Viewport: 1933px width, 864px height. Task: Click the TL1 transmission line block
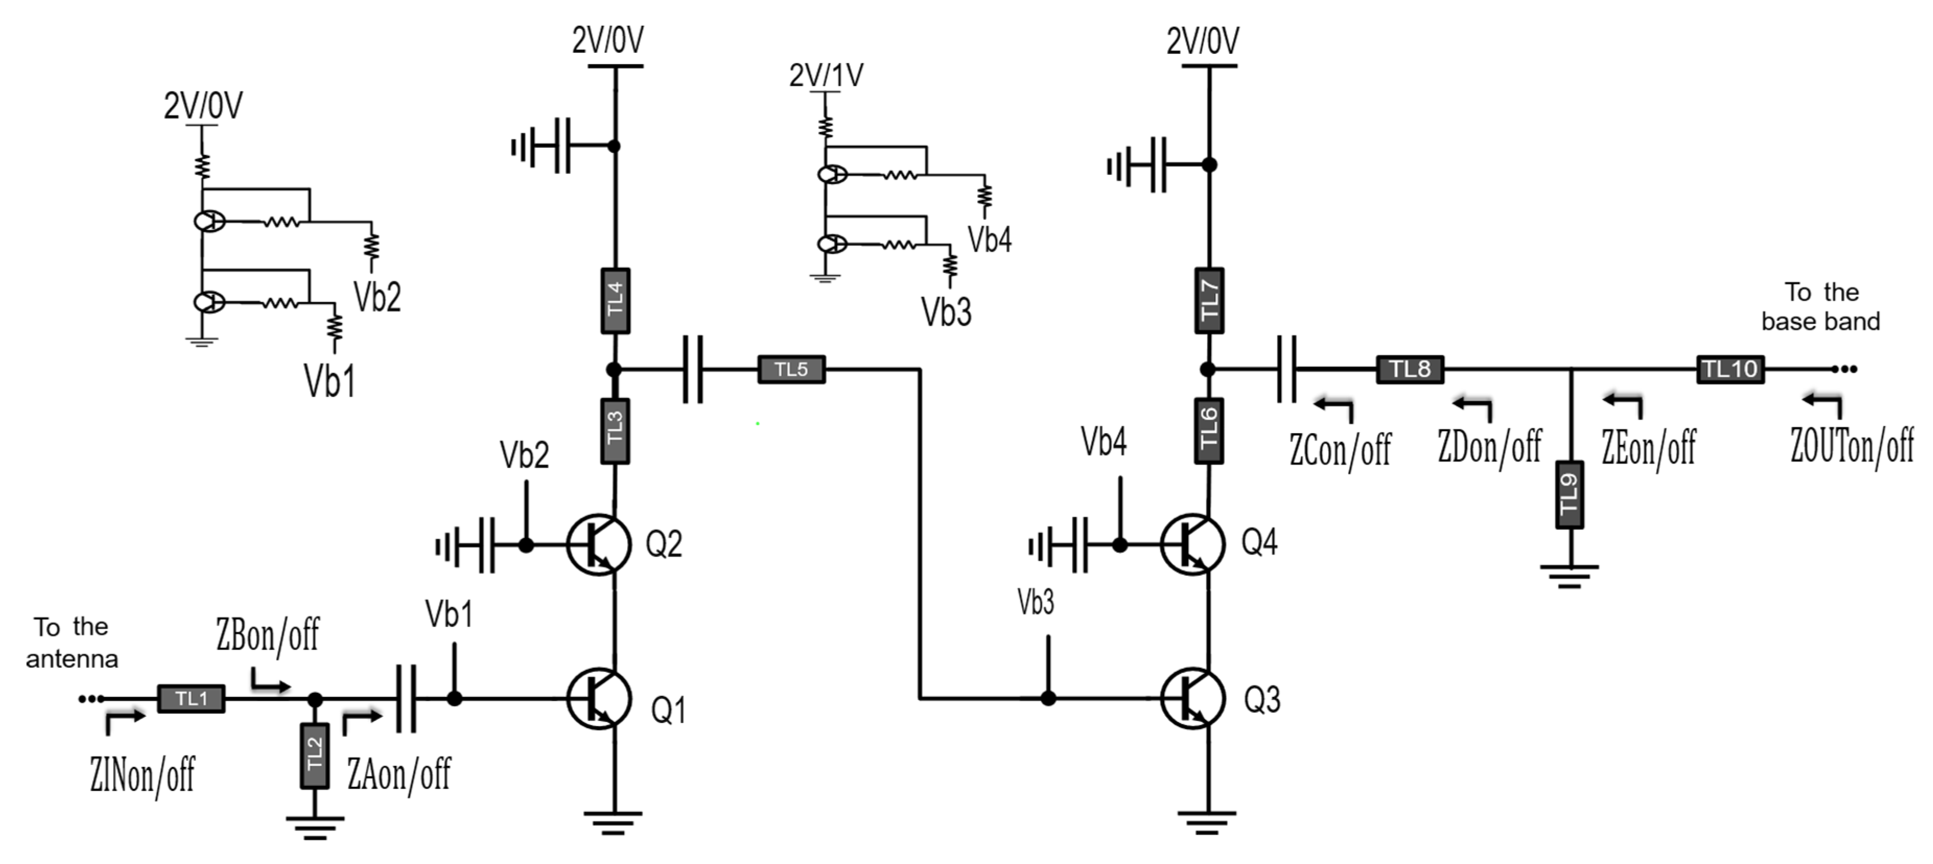pyautogui.click(x=191, y=699)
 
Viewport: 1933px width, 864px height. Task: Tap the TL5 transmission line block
pyautogui.click(x=791, y=369)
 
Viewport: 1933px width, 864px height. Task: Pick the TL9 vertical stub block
pyautogui.click(x=1568, y=494)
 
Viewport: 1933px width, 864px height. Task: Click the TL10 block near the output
pyautogui.click(x=1730, y=369)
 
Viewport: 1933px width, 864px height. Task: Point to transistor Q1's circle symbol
pyautogui.click(x=598, y=699)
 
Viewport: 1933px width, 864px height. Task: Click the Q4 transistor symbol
pyautogui.click(x=1192, y=545)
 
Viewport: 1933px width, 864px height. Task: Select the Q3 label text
pyautogui.click(x=1262, y=700)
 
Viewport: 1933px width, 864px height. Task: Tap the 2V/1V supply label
pyautogui.click(x=825, y=75)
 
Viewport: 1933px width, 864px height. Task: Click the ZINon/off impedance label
pyautogui.click(x=143, y=775)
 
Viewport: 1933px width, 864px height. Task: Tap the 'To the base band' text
pyautogui.click(x=1820, y=307)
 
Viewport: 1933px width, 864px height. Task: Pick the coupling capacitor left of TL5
pyautogui.click(x=693, y=369)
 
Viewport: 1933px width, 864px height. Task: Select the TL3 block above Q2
pyautogui.click(x=615, y=431)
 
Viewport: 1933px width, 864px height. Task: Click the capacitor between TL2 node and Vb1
pyautogui.click(x=405, y=699)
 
